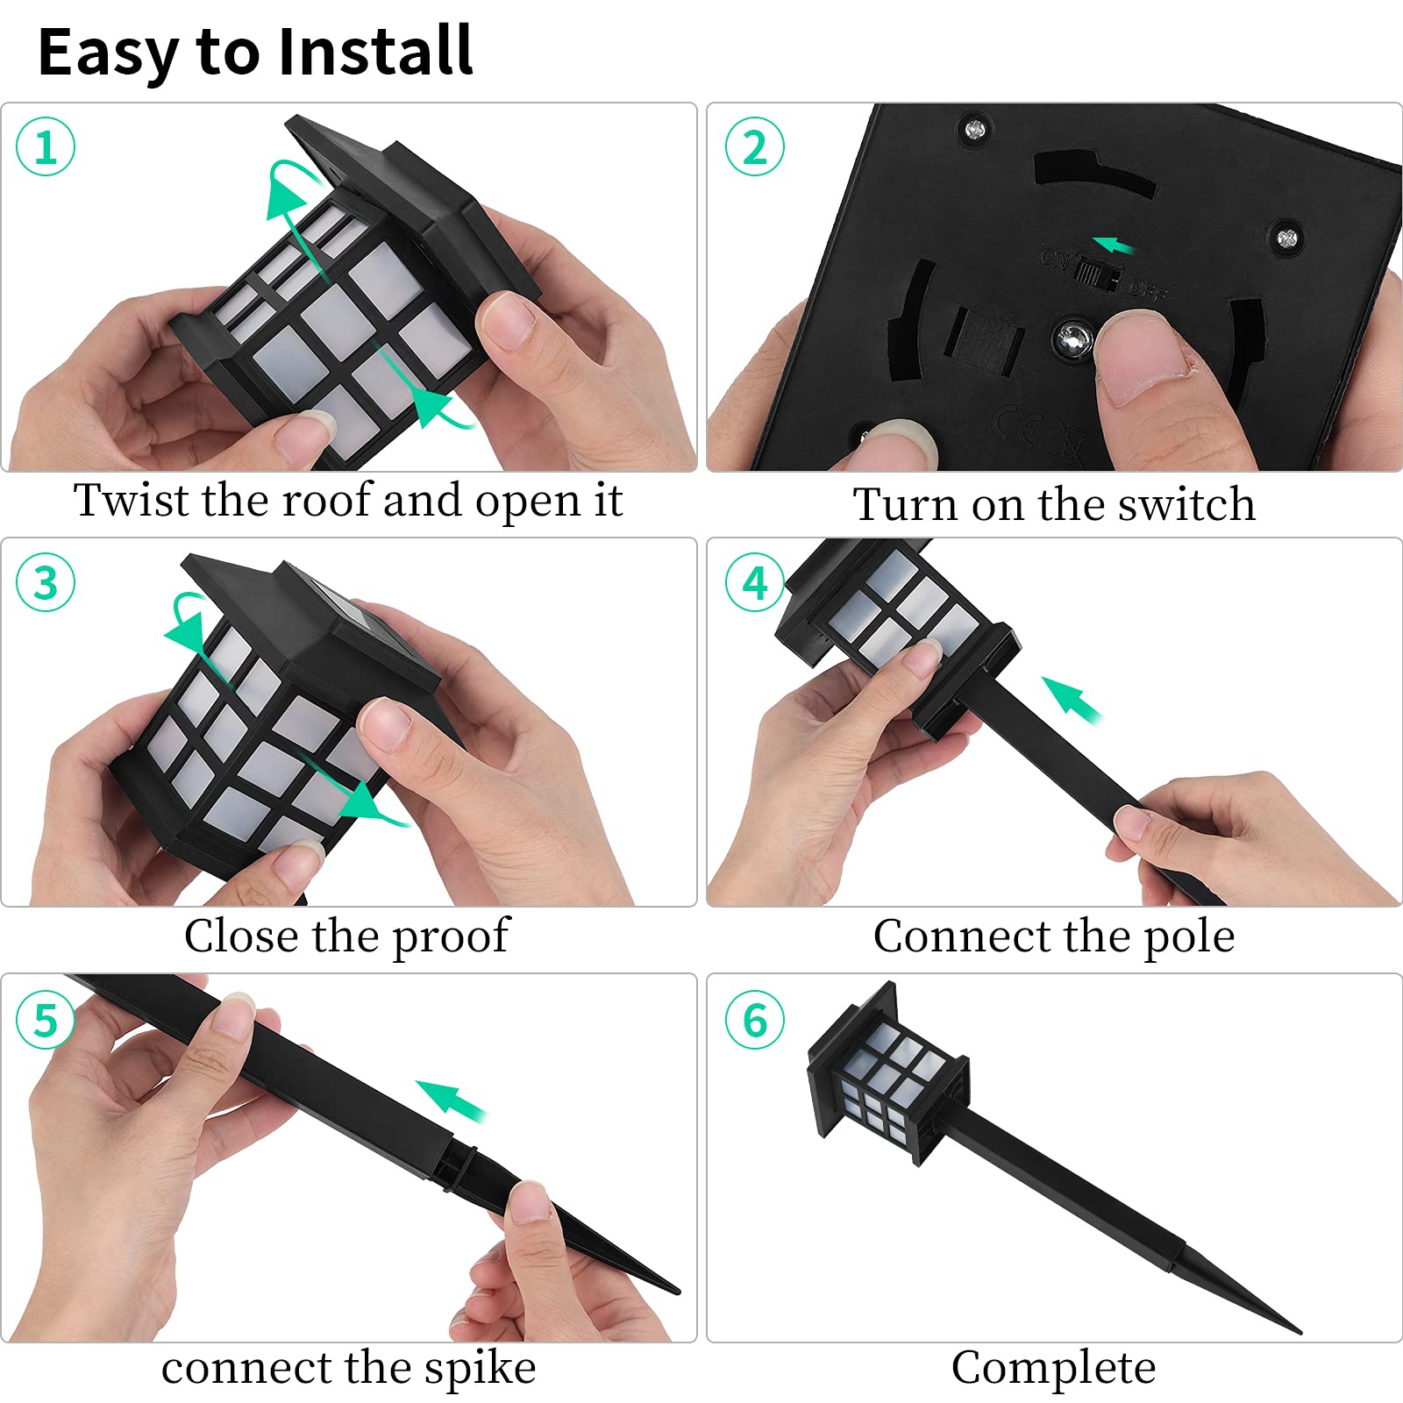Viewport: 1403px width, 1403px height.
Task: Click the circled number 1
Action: click(x=46, y=146)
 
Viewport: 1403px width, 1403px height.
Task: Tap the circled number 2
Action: click(x=754, y=146)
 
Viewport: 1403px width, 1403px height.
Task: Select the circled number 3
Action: click(x=46, y=583)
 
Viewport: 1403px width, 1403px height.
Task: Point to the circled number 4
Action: click(x=754, y=583)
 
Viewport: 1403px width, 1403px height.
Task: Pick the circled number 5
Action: click(x=46, y=1020)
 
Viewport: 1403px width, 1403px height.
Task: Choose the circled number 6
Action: click(x=754, y=1020)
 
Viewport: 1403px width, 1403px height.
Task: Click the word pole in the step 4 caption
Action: click(x=1189, y=937)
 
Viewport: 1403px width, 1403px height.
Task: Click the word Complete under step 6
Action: click(x=1053, y=1368)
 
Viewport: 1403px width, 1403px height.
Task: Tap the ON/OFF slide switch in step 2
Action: click(x=1097, y=274)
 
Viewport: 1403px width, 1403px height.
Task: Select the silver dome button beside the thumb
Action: click(x=1072, y=338)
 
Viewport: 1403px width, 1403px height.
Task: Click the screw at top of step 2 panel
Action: click(x=974, y=131)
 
